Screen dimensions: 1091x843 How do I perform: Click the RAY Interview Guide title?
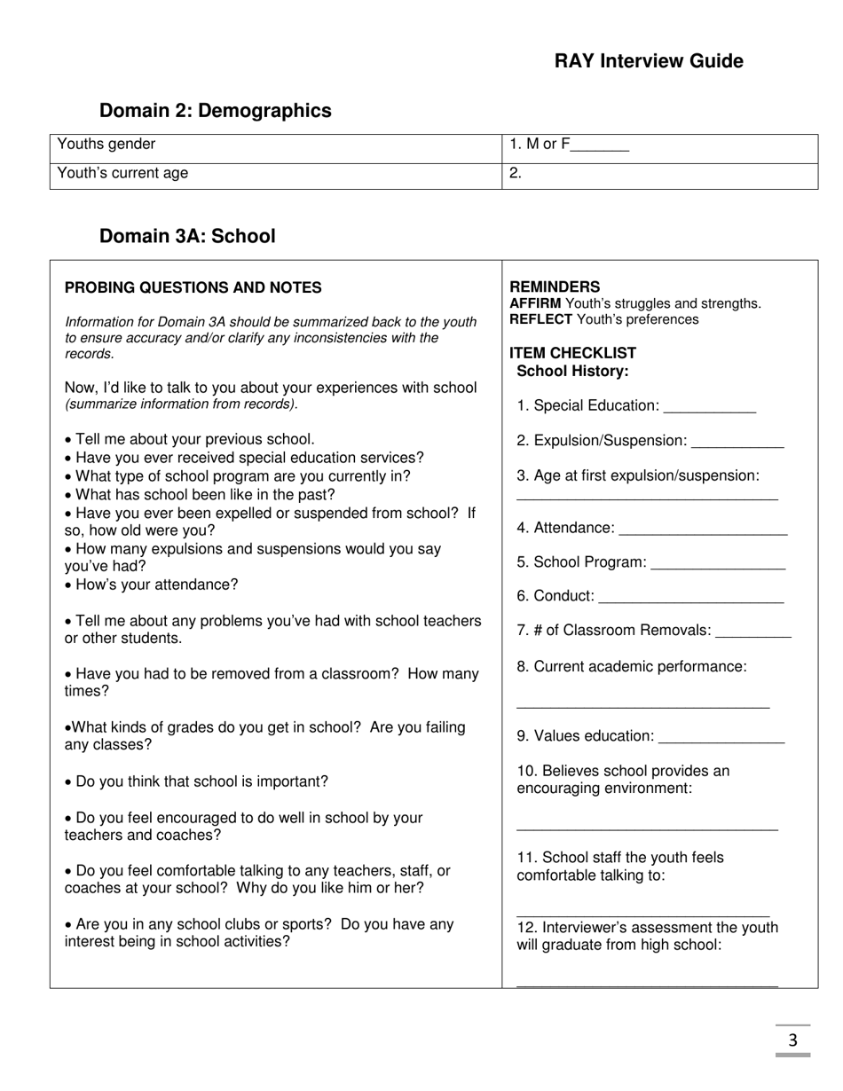649,61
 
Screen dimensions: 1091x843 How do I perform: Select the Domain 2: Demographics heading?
215,111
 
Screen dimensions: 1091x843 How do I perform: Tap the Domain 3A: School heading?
187,236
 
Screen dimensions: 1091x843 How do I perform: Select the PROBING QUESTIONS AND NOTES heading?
193,287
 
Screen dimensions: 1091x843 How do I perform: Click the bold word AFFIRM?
535,303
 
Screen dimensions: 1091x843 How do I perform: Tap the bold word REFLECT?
540,319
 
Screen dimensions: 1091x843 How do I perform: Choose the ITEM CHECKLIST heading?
573,353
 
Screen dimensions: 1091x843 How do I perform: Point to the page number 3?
792,1040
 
